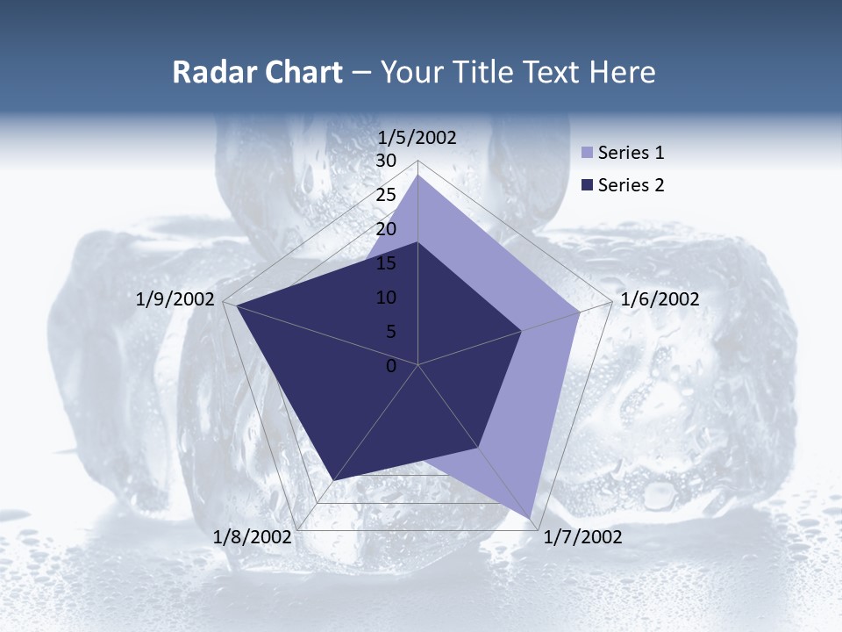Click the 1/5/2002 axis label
pos(417,137)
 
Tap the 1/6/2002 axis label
pos(660,299)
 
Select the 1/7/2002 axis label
pos(582,537)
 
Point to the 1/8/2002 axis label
pos(253,537)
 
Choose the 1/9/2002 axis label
pos(175,299)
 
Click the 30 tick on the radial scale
pos(386,161)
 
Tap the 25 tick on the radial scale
pos(386,195)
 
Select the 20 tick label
pos(386,229)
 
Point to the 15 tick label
pos(386,263)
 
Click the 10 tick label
pos(386,298)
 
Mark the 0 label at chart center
pos(391,366)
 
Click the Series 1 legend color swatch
pos(588,154)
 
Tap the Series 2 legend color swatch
pos(588,185)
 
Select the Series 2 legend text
pos(631,185)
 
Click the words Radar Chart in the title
pos(257,72)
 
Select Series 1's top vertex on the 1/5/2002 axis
pos(418,176)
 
